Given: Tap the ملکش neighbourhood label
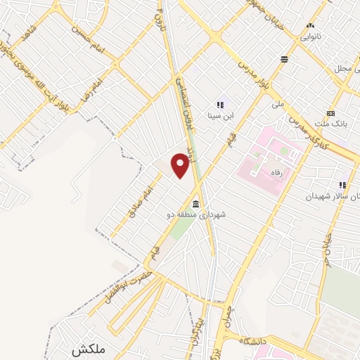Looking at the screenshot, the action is (x=86, y=349).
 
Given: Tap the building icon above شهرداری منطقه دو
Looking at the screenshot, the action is (x=195, y=204).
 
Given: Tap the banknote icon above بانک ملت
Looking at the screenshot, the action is (x=331, y=112).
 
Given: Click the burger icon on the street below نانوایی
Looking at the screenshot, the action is (x=284, y=60).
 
